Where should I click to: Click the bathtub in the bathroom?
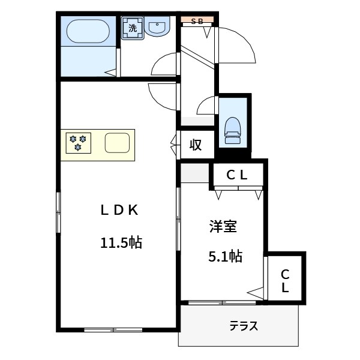tap(88, 32)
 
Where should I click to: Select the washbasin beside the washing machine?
tap(158, 28)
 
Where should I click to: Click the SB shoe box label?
tap(197, 21)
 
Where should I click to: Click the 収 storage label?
tap(195, 145)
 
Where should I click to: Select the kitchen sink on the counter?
tap(116, 143)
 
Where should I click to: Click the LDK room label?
tap(119, 210)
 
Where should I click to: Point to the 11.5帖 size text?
tap(121, 243)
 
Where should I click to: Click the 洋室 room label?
tap(223, 227)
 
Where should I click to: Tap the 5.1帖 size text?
tap(225, 257)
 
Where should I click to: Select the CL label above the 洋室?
tap(237, 175)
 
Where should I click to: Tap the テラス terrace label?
tap(244, 326)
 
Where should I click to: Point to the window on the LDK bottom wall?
tap(113, 329)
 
